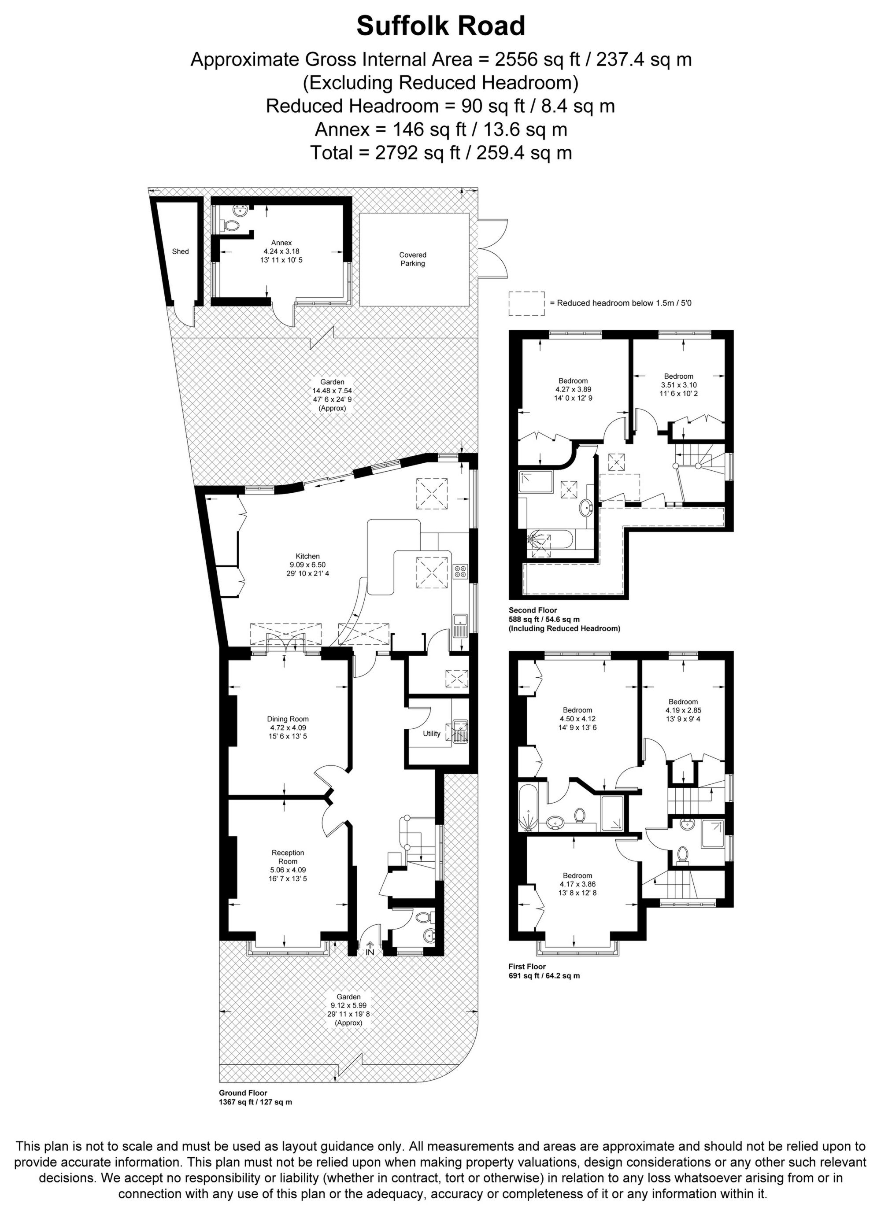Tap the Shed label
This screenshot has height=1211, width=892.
pyautogui.click(x=180, y=251)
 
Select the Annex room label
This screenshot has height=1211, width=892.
pyautogui.click(x=281, y=251)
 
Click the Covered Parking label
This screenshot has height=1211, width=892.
pyautogui.click(x=413, y=259)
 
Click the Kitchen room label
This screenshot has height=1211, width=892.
pyautogui.click(x=308, y=565)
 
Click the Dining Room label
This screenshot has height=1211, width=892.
pyautogui.click(x=288, y=727)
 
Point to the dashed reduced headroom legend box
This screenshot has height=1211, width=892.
pyautogui.click(x=526, y=303)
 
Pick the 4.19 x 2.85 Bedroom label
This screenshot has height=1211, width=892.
pyautogui.click(x=683, y=710)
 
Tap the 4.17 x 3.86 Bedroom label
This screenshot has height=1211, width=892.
pyautogui.click(x=577, y=884)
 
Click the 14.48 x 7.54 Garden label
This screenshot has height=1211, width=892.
pyautogui.click(x=332, y=395)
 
